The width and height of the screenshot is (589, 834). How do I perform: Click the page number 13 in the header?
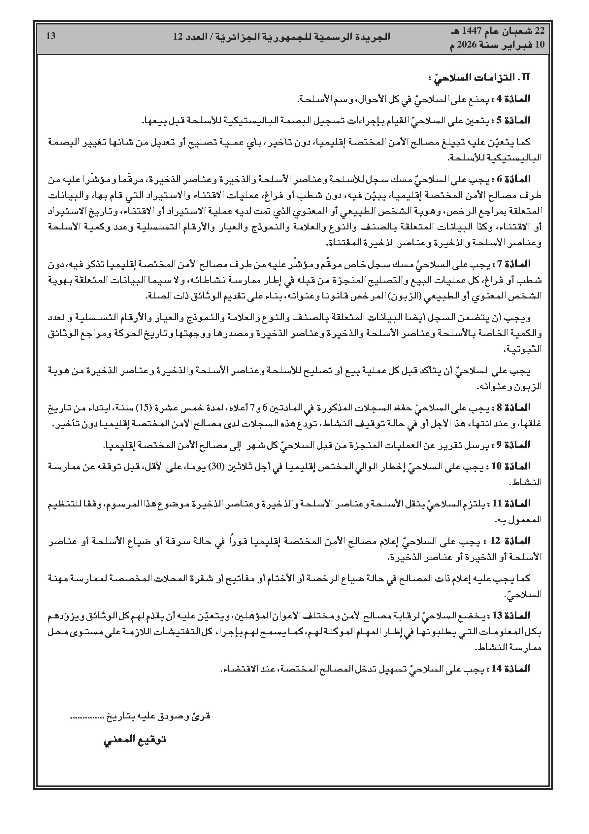point(51,36)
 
